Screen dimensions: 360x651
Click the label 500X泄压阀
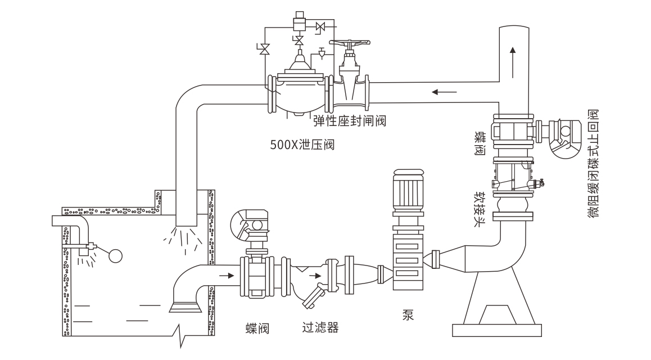(x=302, y=145)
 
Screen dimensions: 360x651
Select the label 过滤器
(x=320, y=327)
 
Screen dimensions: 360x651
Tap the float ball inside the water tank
(x=115, y=256)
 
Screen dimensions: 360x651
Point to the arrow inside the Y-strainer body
(x=318, y=276)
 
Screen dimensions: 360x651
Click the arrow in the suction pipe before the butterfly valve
(x=224, y=276)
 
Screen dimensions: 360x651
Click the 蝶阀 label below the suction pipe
(x=257, y=328)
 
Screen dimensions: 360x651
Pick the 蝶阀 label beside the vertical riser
(x=480, y=144)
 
